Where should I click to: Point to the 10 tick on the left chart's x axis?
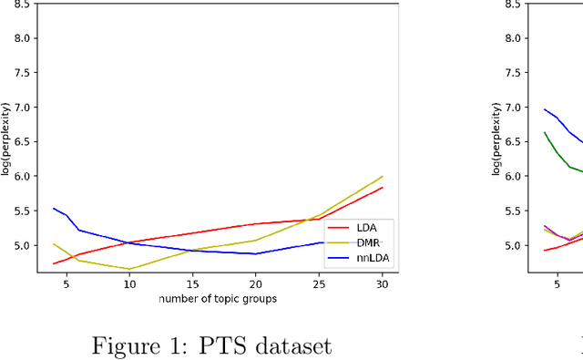129,285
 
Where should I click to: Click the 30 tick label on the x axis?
383,285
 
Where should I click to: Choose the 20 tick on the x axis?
256,285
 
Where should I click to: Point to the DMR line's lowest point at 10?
129,269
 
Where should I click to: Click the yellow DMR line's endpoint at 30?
383,176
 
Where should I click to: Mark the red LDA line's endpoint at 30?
383,188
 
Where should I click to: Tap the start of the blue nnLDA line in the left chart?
54,209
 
